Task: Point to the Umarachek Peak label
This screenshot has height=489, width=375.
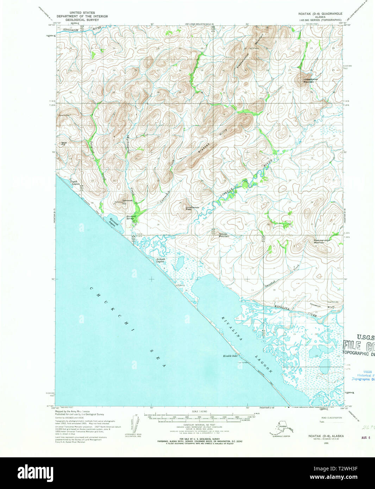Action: point(193,208)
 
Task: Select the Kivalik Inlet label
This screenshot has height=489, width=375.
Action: point(230,356)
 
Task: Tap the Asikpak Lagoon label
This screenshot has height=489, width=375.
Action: point(161,261)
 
